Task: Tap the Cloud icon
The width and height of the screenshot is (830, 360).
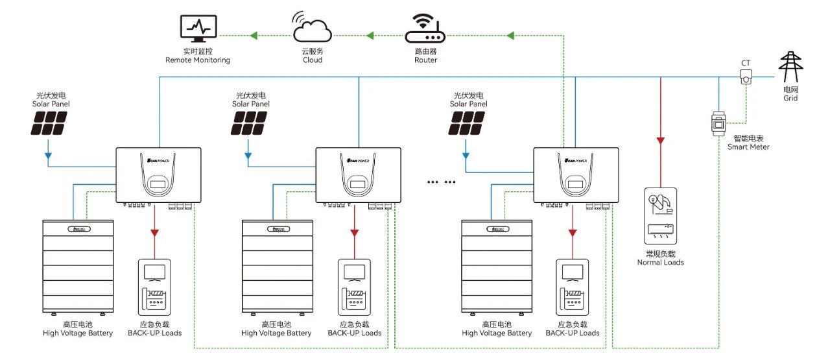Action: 312,29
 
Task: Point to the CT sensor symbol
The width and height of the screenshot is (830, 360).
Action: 746,77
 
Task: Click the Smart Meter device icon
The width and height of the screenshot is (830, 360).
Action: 718,123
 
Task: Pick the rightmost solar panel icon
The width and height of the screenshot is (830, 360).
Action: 468,123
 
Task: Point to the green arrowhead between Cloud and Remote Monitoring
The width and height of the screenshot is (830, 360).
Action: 254,34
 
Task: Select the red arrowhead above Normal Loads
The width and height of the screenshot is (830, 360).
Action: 661,141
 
